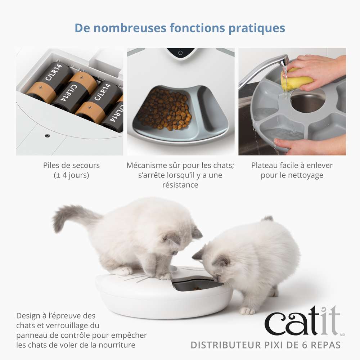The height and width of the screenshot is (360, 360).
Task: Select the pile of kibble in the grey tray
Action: [165, 109]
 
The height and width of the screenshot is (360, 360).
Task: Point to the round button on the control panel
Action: [180, 53]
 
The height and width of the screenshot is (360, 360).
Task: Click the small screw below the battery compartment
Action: [47, 136]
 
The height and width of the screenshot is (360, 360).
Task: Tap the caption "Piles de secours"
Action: [71, 166]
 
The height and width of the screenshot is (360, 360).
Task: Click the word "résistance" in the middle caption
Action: [180, 185]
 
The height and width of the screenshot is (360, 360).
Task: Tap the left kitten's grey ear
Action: [197, 232]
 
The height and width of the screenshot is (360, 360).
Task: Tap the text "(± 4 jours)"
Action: [71, 175]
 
